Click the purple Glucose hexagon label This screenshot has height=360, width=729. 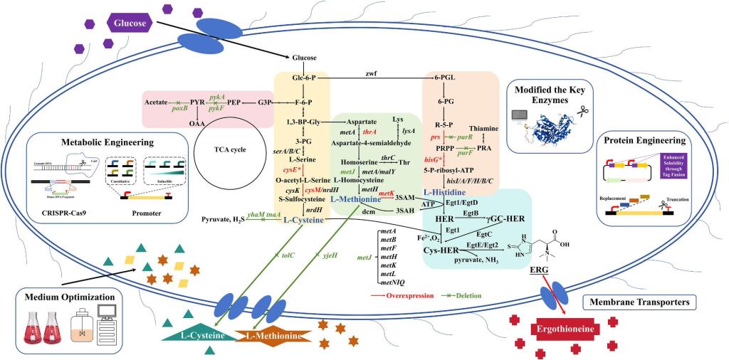[131, 23]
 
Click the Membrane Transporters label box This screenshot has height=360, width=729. [639, 302]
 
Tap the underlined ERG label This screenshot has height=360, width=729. [540, 270]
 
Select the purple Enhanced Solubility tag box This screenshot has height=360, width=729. [675, 165]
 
